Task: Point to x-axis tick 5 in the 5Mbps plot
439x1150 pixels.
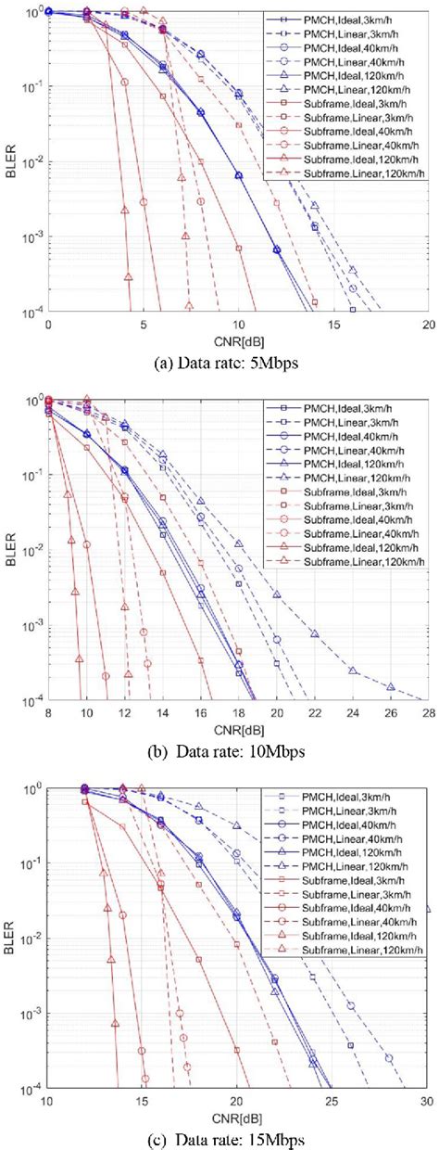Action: (143, 324)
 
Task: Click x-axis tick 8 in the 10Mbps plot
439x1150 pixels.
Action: (48, 710)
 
